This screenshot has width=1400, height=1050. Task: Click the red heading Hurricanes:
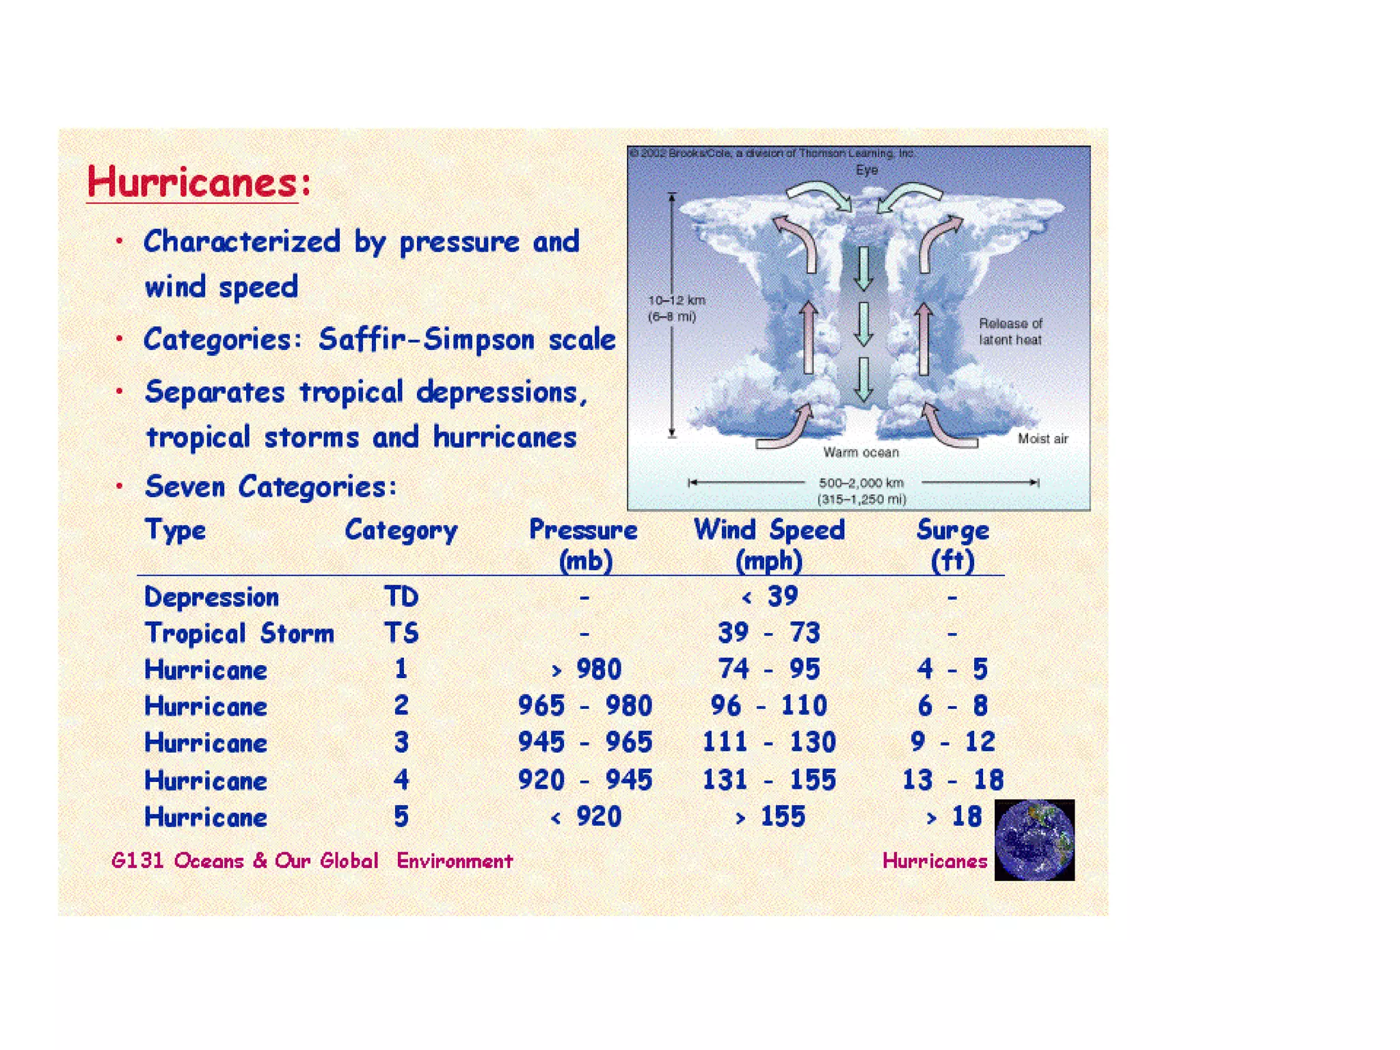tap(198, 183)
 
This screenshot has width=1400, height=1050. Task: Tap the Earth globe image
tap(1034, 839)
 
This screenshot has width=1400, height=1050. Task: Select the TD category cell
tap(401, 597)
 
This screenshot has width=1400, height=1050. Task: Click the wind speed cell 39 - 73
tap(768, 633)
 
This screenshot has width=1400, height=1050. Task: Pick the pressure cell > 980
tap(586, 669)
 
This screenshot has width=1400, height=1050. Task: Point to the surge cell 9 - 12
tap(952, 742)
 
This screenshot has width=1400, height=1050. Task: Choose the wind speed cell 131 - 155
tap(768, 780)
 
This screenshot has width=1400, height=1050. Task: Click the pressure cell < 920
tap(586, 817)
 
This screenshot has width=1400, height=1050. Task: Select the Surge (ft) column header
tap(952, 545)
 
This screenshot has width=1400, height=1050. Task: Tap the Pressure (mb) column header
tap(584, 545)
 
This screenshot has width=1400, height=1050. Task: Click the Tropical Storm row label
tap(239, 633)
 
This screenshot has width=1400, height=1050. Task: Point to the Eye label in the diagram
tap(866, 170)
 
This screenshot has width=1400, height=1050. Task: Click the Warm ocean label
tap(861, 453)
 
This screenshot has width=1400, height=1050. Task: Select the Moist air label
tap(1042, 439)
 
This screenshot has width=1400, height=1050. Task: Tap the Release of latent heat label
tap(1010, 332)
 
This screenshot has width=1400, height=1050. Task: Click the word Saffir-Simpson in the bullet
tap(426, 340)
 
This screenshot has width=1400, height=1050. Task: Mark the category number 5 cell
tap(401, 817)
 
